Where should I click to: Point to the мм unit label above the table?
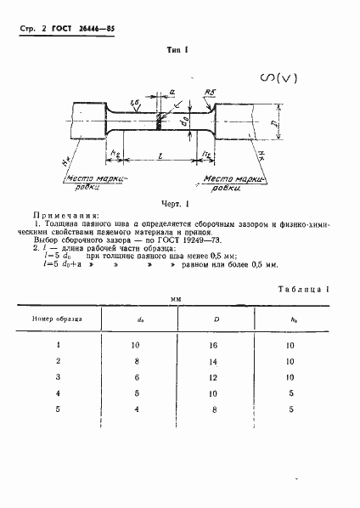[x=177, y=300]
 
